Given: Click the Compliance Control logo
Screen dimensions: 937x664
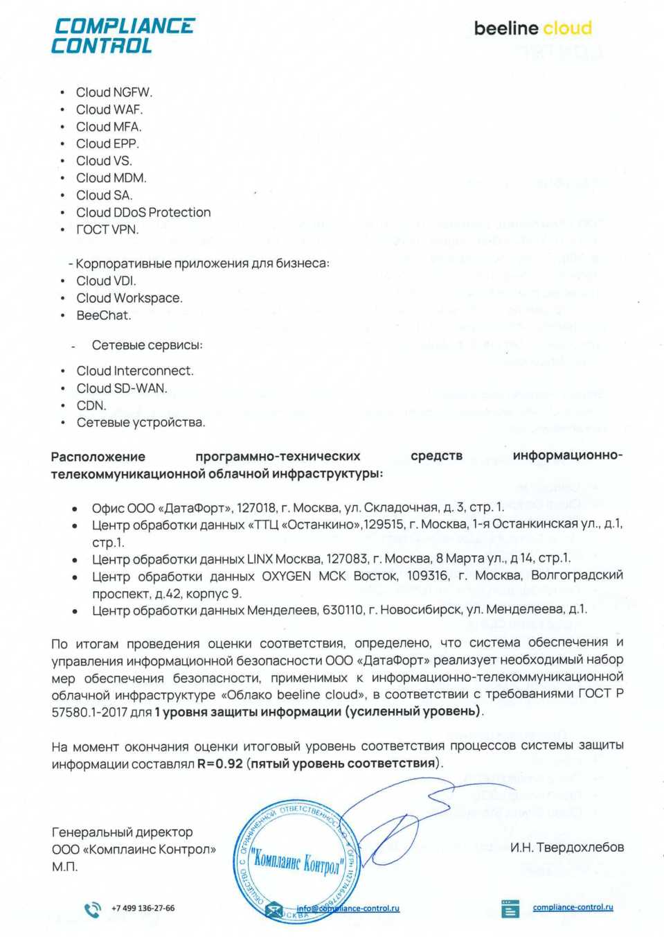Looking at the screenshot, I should click(123, 36).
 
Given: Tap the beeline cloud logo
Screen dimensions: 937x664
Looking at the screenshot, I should click(532, 28).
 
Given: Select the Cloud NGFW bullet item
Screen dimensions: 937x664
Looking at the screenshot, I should click(114, 92).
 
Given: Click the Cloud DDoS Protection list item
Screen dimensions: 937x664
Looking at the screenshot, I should click(143, 212).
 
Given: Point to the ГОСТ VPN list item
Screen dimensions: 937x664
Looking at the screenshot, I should click(107, 229).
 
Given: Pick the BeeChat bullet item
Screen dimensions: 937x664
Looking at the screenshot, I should click(103, 315).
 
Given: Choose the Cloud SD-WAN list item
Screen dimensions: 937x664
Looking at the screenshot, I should click(122, 388).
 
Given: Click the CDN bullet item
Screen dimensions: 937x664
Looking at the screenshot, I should click(91, 405).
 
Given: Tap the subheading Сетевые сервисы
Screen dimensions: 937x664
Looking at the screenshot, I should click(147, 345).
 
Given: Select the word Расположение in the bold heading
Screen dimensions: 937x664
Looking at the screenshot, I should click(98, 456).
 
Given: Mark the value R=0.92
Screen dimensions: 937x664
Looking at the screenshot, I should click(220, 764).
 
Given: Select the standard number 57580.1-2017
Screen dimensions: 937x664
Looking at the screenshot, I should click(89, 712).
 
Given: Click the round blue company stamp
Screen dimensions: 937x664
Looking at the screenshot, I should click(296, 861).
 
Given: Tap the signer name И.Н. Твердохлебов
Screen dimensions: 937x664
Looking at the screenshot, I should click(566, 847).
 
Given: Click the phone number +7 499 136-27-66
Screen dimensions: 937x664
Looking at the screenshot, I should click(143, 908).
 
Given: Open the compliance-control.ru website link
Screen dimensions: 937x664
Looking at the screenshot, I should click(573, 907).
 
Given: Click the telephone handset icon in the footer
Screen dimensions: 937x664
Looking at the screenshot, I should click(92, 909).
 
